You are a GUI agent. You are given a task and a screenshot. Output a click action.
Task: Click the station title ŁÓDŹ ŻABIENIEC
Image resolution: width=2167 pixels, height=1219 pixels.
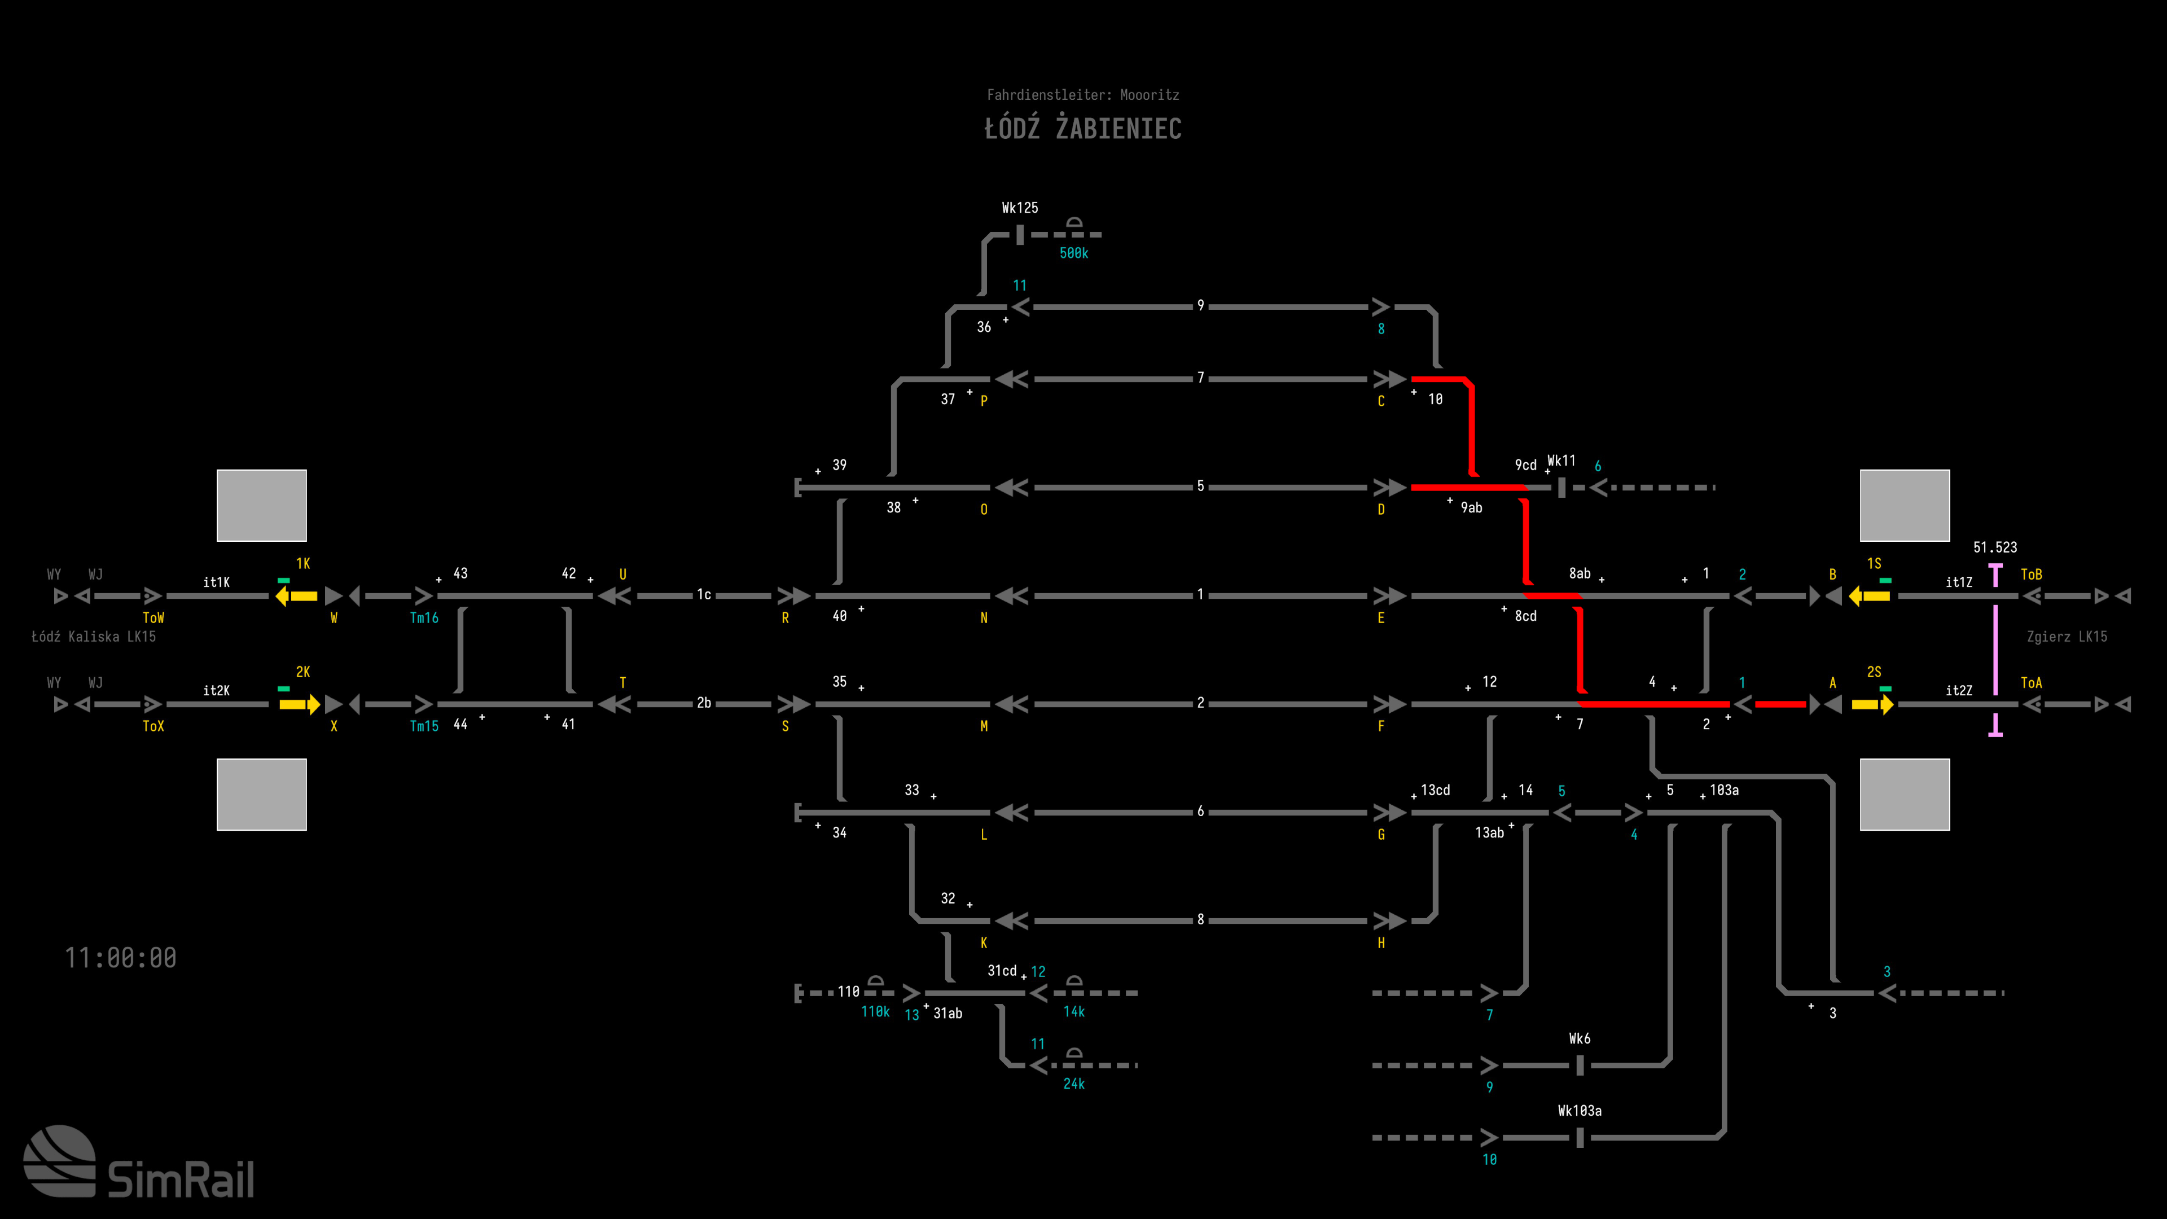click(1083, 129)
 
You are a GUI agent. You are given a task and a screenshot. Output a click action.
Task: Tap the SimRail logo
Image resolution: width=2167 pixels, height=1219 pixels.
click(139, 1164)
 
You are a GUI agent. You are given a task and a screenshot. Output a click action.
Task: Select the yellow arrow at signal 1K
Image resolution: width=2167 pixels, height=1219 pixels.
click(297, 595)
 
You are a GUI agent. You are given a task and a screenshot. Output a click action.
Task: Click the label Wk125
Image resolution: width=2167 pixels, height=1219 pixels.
click(1020, 208)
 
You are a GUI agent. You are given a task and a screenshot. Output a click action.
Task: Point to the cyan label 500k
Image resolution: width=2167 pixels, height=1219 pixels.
click(1073, 253)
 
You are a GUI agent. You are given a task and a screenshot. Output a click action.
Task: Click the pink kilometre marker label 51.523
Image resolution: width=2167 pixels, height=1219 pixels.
click(1994, 547)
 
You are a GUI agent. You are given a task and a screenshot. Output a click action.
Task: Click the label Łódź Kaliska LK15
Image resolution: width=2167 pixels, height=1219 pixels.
click(93, 637)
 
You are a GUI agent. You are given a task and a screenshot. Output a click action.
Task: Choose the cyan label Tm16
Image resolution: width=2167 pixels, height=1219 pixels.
click(424, 619)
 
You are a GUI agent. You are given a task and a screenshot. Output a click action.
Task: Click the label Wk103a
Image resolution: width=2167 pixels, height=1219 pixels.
click(1579, 1111)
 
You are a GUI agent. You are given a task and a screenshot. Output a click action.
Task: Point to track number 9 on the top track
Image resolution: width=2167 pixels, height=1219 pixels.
click(1200, 305)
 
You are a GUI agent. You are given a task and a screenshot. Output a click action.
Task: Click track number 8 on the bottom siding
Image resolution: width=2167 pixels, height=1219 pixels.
click(1200, 919)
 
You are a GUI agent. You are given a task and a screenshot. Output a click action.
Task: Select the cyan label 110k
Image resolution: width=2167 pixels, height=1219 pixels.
click(875, 1012)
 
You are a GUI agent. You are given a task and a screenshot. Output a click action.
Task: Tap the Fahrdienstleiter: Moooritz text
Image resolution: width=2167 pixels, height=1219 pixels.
click(1083, 95)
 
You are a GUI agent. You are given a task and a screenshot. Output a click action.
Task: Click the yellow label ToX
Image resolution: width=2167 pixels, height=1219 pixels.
click(153, 726)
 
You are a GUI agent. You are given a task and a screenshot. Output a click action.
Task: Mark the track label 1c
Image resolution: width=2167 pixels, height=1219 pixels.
click(703, 595)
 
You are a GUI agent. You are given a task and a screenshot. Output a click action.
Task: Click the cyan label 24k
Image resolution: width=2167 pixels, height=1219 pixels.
click(1073, 1084)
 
